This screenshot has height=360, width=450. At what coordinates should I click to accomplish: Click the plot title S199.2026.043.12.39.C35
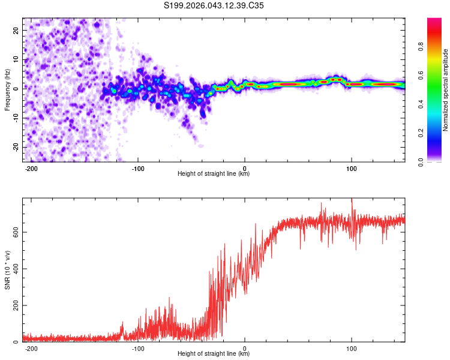(214, 6)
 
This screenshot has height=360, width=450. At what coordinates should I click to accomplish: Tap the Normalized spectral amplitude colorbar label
(446, 90)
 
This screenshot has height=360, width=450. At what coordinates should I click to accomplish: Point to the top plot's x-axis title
(214, 174)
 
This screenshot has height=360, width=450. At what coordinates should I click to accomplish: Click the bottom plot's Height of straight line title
(214, 354)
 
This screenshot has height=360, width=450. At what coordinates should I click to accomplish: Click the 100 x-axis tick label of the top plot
(352, 169)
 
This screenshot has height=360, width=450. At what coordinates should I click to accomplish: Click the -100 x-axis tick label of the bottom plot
(138, 349)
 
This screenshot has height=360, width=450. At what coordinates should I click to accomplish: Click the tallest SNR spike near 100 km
(352, 200)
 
